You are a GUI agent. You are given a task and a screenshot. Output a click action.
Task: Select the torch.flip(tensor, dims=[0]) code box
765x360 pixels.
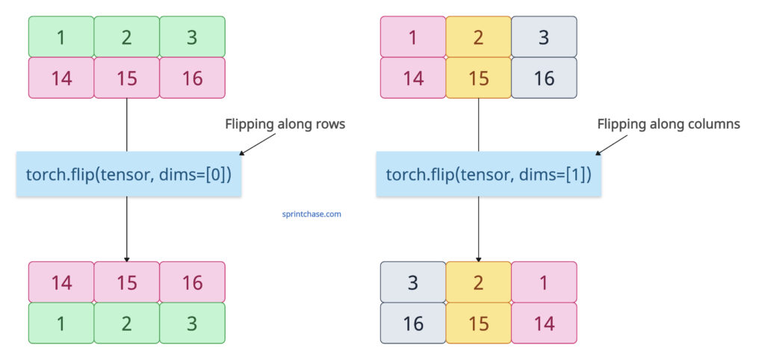click(128, 175)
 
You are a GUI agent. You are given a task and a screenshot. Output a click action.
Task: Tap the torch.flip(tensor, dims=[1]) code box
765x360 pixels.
click(489, 175)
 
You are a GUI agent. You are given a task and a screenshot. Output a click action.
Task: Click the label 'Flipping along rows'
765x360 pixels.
click(285, 125)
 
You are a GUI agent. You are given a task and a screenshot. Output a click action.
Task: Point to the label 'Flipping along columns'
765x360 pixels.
click(669, 125)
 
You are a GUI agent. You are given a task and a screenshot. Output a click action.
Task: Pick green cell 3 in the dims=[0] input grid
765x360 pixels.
click(192, 37)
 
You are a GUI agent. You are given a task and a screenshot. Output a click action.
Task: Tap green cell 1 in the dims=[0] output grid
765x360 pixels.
click(61, 323)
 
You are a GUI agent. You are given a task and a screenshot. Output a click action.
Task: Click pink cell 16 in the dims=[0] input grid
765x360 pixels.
click(192, 78)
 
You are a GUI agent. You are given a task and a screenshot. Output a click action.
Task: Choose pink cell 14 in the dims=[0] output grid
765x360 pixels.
click(61, 282)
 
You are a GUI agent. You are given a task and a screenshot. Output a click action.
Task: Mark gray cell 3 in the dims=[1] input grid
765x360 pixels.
click(544, 37)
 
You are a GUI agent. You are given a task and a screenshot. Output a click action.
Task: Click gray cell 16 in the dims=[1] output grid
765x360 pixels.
click(413, 323)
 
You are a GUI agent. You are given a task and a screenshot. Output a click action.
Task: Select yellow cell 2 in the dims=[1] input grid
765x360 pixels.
click(479, 37)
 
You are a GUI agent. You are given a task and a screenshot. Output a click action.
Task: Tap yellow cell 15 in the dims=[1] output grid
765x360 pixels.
click(479, 323)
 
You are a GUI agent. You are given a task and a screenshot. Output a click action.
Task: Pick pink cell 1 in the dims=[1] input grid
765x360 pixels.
click(413, 37)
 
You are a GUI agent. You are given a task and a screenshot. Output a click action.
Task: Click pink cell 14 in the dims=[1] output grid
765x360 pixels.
click(544, 323)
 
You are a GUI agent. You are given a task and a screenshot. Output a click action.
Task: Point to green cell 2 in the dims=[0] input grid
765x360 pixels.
click(126, 37)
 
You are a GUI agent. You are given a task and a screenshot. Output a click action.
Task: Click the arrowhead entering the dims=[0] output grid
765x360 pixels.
click(127, 257)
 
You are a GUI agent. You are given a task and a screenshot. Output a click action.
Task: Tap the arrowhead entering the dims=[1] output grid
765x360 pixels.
click(479, 257)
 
